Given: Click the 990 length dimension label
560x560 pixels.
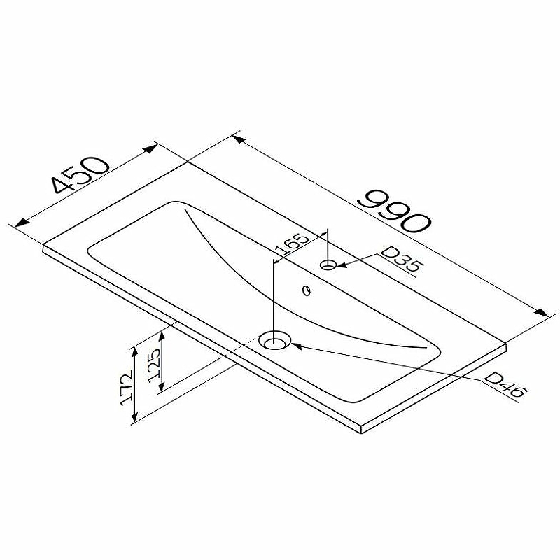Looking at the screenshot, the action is coord(395,211).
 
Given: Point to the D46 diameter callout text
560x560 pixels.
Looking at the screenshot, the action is coord(505,385).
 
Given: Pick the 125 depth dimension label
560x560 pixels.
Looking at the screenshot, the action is coord(155,365).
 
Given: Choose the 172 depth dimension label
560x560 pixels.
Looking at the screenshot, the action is coord(126,388).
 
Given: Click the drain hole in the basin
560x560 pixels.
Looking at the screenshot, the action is coord(274,341).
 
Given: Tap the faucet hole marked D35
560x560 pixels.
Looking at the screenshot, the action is coord(328,265).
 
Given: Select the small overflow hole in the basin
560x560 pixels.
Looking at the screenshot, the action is coord(307,290).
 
